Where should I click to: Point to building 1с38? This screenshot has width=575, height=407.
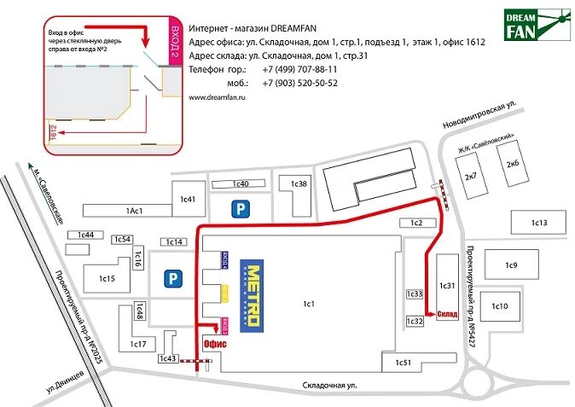[x=298, y=183]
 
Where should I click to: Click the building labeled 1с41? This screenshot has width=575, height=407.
[x=188, y=200]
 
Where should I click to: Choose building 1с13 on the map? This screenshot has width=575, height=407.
[x=537, y=224]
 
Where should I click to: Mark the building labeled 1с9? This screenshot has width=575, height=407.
[x=511, y=265]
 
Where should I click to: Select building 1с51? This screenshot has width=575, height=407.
[x=403, y=363]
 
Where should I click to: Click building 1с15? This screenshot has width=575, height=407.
[x=106, y=278]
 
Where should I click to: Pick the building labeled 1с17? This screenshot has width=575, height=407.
[x=137, y=344]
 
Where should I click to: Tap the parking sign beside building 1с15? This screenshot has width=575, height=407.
[x=172, y=278]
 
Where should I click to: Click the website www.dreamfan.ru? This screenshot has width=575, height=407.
[x=217, y=99]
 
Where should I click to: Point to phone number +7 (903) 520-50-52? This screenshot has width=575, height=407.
[x=299, y=84]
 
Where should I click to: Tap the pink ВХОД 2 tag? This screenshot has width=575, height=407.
[x=175, y=41]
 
